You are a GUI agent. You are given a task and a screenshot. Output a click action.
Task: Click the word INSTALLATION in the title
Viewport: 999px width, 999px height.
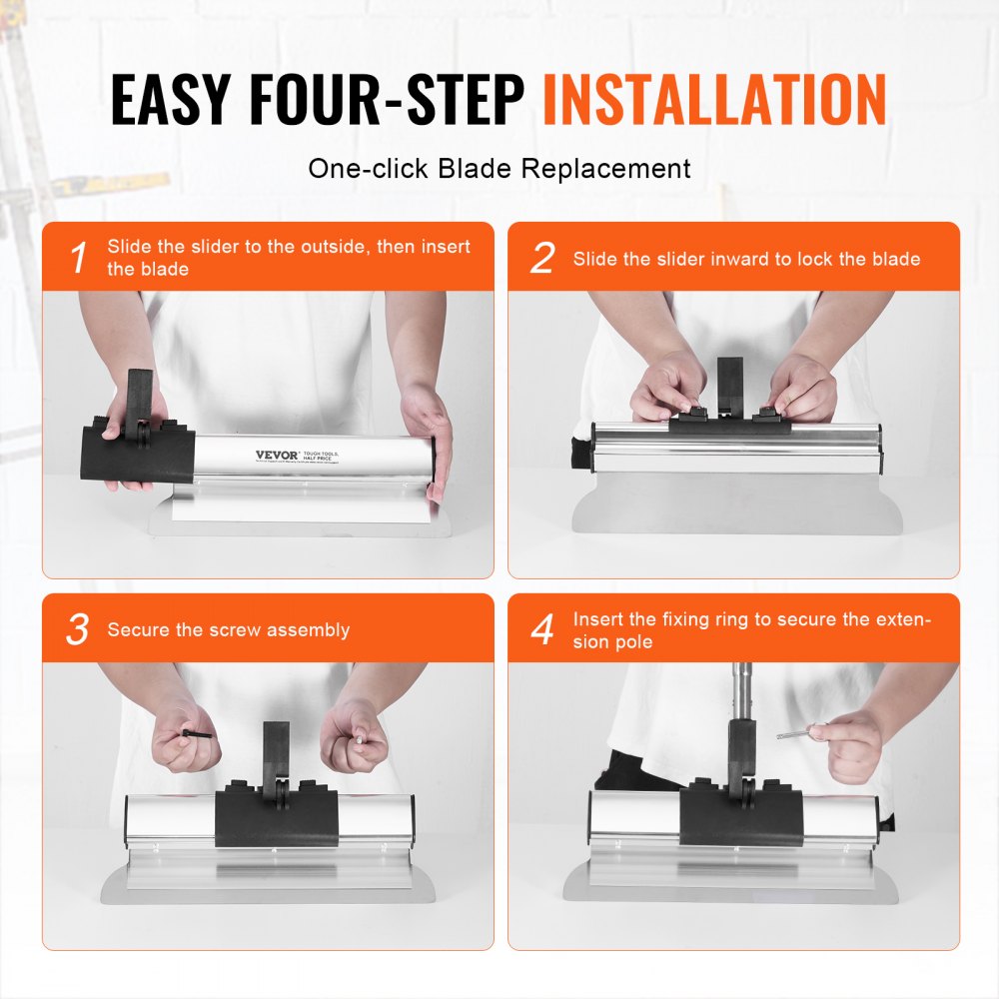pyautogui.click(x=714, y=99)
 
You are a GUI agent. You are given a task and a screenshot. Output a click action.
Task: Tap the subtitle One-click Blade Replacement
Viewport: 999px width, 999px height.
pyautogui.click(x=499, y=168)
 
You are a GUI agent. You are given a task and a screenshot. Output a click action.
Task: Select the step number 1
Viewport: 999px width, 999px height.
pyautogui.click(x=78, y=259)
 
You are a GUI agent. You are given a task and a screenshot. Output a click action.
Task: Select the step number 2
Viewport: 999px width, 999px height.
pyautogui.click(x=541, y=259)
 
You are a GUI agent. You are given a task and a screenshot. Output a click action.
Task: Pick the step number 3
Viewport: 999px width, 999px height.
pyautogui.click(x=78, y=630)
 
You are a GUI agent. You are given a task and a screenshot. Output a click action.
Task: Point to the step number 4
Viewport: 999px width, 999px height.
pyautogui.click(x=541, y=630)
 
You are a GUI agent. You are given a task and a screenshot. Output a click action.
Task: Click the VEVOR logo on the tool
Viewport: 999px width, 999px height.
pyautogui.click(x=277, y=455)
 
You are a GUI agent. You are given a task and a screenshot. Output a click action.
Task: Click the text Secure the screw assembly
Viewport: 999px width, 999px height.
pyautogui.click(x=229, y=630)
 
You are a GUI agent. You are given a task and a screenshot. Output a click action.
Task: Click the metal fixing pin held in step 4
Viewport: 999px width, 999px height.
pyautogui.click(x=794, y=734)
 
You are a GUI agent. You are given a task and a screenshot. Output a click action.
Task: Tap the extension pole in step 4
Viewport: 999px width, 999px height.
pyautogui.click(x=742, y=689)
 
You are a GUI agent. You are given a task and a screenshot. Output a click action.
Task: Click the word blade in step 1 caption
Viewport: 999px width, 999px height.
pyautogui.click(x=163, y=270)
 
